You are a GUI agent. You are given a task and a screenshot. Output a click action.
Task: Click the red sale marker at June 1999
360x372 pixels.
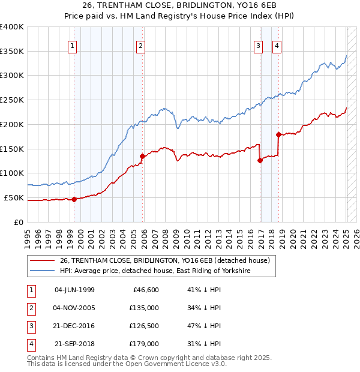point(74,199)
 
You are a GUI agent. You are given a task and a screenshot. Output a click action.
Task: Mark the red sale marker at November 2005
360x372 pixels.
point(143,156)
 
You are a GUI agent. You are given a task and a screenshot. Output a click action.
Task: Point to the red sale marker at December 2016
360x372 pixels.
point(260,160)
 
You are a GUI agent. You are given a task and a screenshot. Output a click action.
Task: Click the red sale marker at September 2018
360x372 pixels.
point(279,134)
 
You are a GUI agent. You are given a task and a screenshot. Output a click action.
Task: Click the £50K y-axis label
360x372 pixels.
point(14,197)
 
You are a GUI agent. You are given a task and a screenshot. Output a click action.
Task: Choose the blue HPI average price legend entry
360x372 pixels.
point(154,271)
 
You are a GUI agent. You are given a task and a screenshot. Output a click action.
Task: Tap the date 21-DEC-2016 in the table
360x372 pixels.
point(74,326)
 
